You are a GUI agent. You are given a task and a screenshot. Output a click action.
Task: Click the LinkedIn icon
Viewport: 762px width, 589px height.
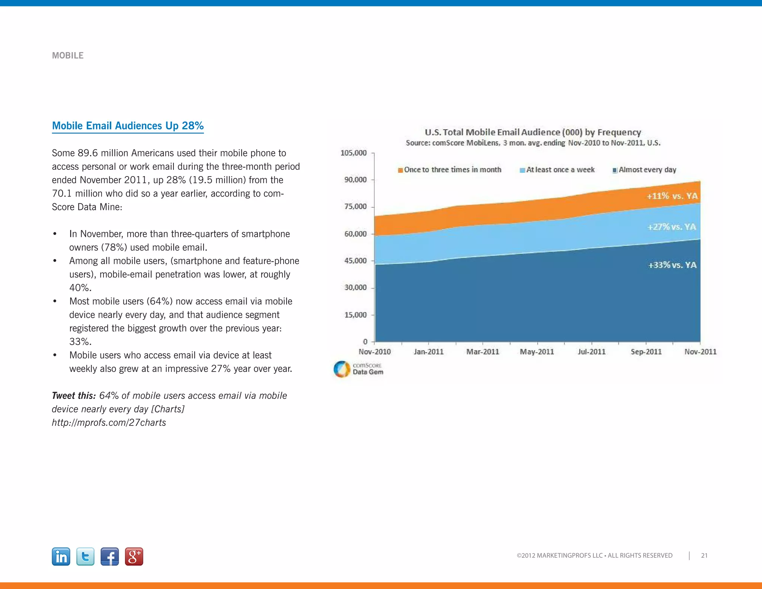tap(61, 557)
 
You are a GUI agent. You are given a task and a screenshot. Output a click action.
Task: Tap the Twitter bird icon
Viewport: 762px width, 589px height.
tap(85, 557)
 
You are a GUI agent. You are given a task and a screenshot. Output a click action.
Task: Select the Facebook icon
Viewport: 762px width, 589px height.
tap(110, 557)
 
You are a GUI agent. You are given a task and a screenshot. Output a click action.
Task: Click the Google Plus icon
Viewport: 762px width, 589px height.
tap(134, 557)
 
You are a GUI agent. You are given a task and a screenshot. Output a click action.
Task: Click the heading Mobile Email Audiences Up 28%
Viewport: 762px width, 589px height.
tap(128, 126)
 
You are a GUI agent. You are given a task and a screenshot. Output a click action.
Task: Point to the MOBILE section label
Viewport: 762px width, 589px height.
tap(68, 55)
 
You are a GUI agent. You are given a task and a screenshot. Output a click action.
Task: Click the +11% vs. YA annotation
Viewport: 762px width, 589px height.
tap(672, 196)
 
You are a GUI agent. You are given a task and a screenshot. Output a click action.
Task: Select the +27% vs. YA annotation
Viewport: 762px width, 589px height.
tap(672, 227)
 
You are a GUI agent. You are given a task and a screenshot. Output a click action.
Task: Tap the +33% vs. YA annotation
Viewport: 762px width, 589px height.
tap(672, 265)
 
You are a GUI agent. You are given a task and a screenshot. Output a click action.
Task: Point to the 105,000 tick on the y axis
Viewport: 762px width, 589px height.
tap(353, 153)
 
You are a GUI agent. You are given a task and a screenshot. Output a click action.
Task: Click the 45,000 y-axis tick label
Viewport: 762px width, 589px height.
tap(355, 261)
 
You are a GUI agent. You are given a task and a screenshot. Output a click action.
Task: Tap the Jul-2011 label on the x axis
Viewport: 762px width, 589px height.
tap(592, 352)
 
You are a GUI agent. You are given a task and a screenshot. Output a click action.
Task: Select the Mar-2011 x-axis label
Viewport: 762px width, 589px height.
tap(483, 352)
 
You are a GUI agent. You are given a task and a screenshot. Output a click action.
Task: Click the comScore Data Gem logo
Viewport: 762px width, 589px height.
tap(358, 369)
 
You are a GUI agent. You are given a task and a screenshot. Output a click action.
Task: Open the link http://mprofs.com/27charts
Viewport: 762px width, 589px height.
tap(109, 423)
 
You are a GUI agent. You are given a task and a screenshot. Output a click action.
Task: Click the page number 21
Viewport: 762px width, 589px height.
tap(704, 555)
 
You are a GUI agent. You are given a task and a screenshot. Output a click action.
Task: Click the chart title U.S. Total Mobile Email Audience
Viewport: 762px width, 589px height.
tap(533, 132)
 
